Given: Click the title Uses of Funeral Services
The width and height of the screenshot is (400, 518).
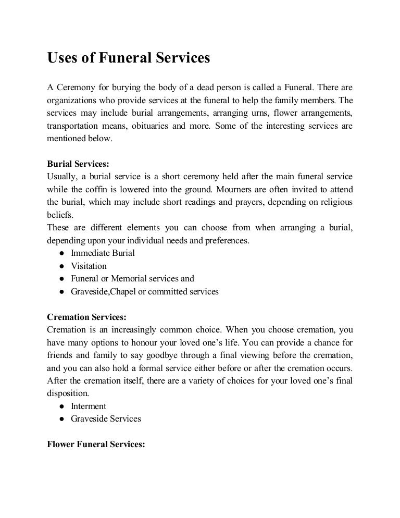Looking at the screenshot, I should pyautogui.click(x=128, y=58).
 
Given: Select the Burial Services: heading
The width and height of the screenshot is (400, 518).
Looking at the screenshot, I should pyautogui.click(x=78, y=164).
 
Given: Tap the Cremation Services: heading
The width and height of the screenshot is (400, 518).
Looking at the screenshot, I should pyautogui.click(x=86, y=317).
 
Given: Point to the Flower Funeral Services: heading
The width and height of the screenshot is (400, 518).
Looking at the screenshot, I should pyautogui.click(x=95, y=445).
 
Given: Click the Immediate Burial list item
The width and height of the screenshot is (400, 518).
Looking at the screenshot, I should pyautogui.click(x=103, y=253).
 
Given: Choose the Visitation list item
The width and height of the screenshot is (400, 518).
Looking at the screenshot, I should pyautogui.click(x=89, y=266).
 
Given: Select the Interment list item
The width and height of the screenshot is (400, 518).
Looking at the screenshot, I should pyautogui.click(x=89, y=406).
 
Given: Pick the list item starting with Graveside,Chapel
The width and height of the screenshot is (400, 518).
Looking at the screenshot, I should pyautogui.click(x=145, y=292).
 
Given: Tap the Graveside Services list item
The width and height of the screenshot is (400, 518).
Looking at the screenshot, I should pyautogui.click(x=106, y=419).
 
